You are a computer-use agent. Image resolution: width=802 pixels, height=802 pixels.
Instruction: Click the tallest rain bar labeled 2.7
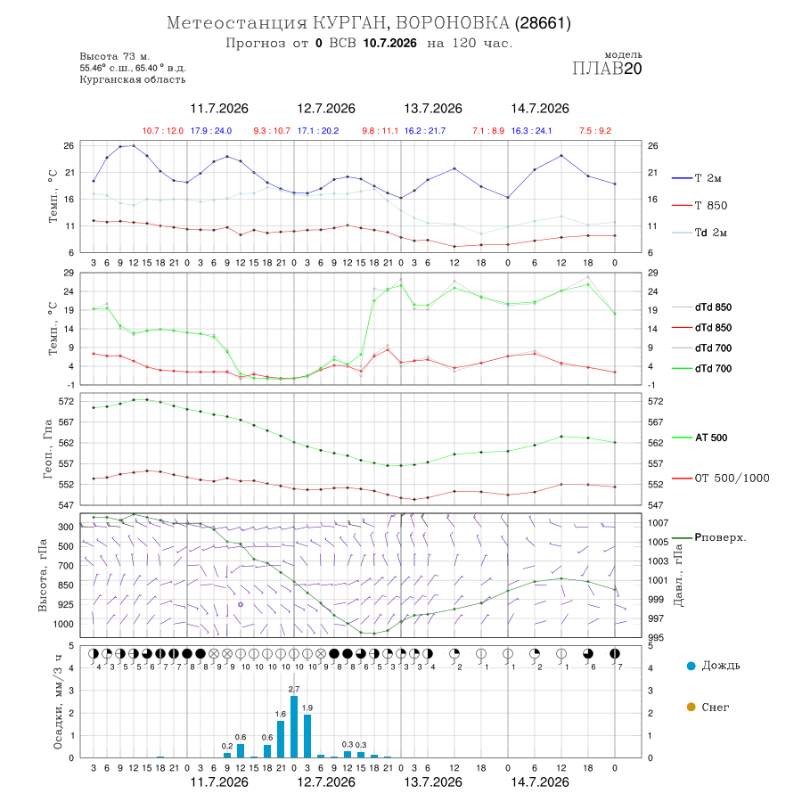pyautogui.click(x=294, y=726)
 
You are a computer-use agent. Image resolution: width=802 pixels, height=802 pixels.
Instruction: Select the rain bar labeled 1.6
pyautogui.click(x=281, y=739)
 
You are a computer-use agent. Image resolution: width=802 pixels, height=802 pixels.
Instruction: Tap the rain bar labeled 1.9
pyautogui.click(x=307, y=736)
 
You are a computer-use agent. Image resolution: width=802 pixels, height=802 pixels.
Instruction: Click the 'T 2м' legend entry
pyautogui.click(x=697, y=178)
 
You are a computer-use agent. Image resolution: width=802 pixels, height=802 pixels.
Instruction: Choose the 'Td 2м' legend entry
pyautogui.click(x=700, y=233)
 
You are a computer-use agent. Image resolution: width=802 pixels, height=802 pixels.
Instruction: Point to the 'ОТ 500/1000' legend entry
pyautogui.click(x=721, y=479)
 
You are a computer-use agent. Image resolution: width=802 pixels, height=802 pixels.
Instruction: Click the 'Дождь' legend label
pyautogui.click(x=721, y=666)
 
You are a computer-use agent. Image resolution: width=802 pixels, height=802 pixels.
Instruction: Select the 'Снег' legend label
pyautogui.click(x=715, y=707)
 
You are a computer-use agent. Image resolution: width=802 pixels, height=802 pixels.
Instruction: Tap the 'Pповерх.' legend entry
pyautogui.click(x=709, y=537)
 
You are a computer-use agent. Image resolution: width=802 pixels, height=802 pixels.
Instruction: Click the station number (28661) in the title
pyautogui.click(x=543, y=23)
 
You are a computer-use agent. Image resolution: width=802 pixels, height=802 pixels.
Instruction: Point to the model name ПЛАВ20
pyautogui.click(x=607, y=69)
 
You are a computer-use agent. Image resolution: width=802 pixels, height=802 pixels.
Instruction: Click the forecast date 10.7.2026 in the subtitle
pyautogui.click(x=389, y=43)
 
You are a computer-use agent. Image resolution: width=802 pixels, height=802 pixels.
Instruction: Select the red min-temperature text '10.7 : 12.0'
pyautogui.click(x=163, y=131)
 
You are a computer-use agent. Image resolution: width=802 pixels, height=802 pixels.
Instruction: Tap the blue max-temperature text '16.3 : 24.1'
pyautogui.click(x=531, y=131)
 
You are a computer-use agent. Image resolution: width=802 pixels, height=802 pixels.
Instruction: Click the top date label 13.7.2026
pyautogui.click(x=433, y=109)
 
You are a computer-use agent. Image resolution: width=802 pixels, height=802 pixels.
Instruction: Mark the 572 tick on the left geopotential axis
pyautogui.click(x=67, y=402)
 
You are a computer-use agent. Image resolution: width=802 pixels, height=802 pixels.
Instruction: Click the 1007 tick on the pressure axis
pyautogui.click(x=659, y=523)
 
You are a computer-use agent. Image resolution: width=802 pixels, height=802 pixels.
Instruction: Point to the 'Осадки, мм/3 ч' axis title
pyautogui.click(x=58, y=702)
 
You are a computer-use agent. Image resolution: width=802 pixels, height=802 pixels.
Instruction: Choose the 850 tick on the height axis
pyautogui.click(x=65, y=585)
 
